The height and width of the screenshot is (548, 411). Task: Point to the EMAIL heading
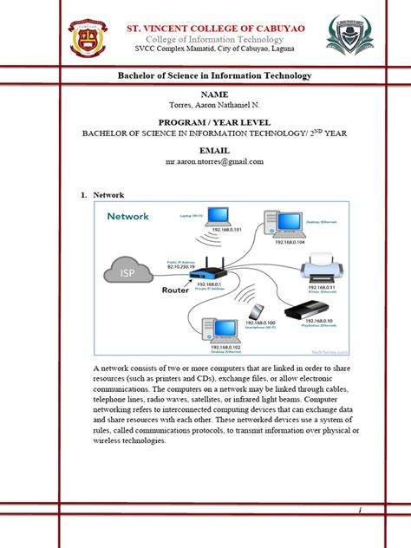coord(213,151)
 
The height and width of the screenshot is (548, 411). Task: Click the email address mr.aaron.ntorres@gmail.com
coord(213,162)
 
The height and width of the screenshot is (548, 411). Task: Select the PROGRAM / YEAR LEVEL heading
coord(213,121)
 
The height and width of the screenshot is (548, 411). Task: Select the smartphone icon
coord(257,311)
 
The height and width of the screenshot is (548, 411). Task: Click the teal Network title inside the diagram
coord(128,216)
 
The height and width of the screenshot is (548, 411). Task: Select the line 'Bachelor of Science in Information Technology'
coord(213,76)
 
